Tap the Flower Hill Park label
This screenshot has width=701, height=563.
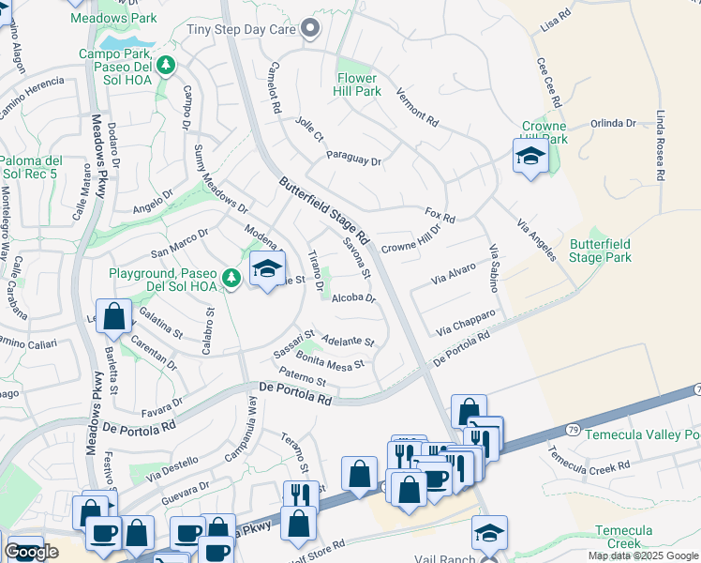pos(356,85)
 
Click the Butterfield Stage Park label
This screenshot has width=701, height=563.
pos(600,251)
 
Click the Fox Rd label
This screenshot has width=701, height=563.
pos(440,217)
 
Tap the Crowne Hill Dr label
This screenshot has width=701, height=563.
pos(410,241)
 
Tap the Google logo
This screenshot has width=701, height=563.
pos(31,552)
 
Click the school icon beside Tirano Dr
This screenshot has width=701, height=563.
pos(267,269)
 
